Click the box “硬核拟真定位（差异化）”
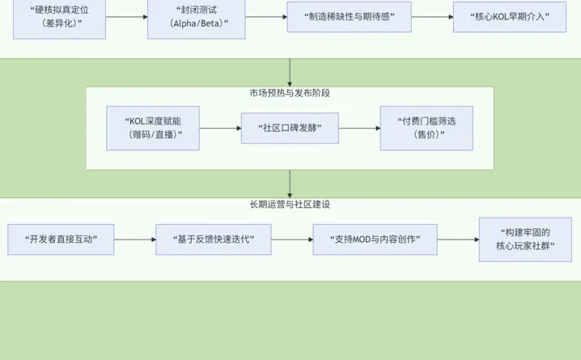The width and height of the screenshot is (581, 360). (x=60, y=17)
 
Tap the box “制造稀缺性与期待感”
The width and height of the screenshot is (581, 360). (x=349, y=16)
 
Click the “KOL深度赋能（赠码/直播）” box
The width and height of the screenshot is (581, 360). (x=153, y=128)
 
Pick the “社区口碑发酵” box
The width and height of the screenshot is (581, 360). (x=290, y=128)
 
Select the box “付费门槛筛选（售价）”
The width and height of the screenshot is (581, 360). (x=426, y=128)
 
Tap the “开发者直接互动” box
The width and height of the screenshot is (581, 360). (x=61, y=239)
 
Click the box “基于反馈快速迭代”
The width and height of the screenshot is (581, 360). (x=214, y=239)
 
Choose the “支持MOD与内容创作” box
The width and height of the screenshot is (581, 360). (x=375, y=239)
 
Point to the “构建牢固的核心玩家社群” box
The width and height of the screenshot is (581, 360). (x=524, y=239)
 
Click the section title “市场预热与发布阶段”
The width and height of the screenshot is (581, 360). (x=290, y=93)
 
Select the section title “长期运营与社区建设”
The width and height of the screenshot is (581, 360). (x=290, y=205)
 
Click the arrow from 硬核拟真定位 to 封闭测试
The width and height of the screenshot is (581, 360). (x=126, y=17)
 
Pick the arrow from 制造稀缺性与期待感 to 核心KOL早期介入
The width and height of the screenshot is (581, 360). (x=432, y=17)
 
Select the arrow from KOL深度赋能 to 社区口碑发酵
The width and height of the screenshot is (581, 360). (x=220, y=128)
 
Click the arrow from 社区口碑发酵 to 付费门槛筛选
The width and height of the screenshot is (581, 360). (x=359, y=128)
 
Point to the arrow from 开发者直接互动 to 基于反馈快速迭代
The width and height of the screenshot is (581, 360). (x=135, y=239)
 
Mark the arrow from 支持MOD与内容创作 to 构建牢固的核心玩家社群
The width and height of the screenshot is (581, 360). (x=458, y=239)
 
